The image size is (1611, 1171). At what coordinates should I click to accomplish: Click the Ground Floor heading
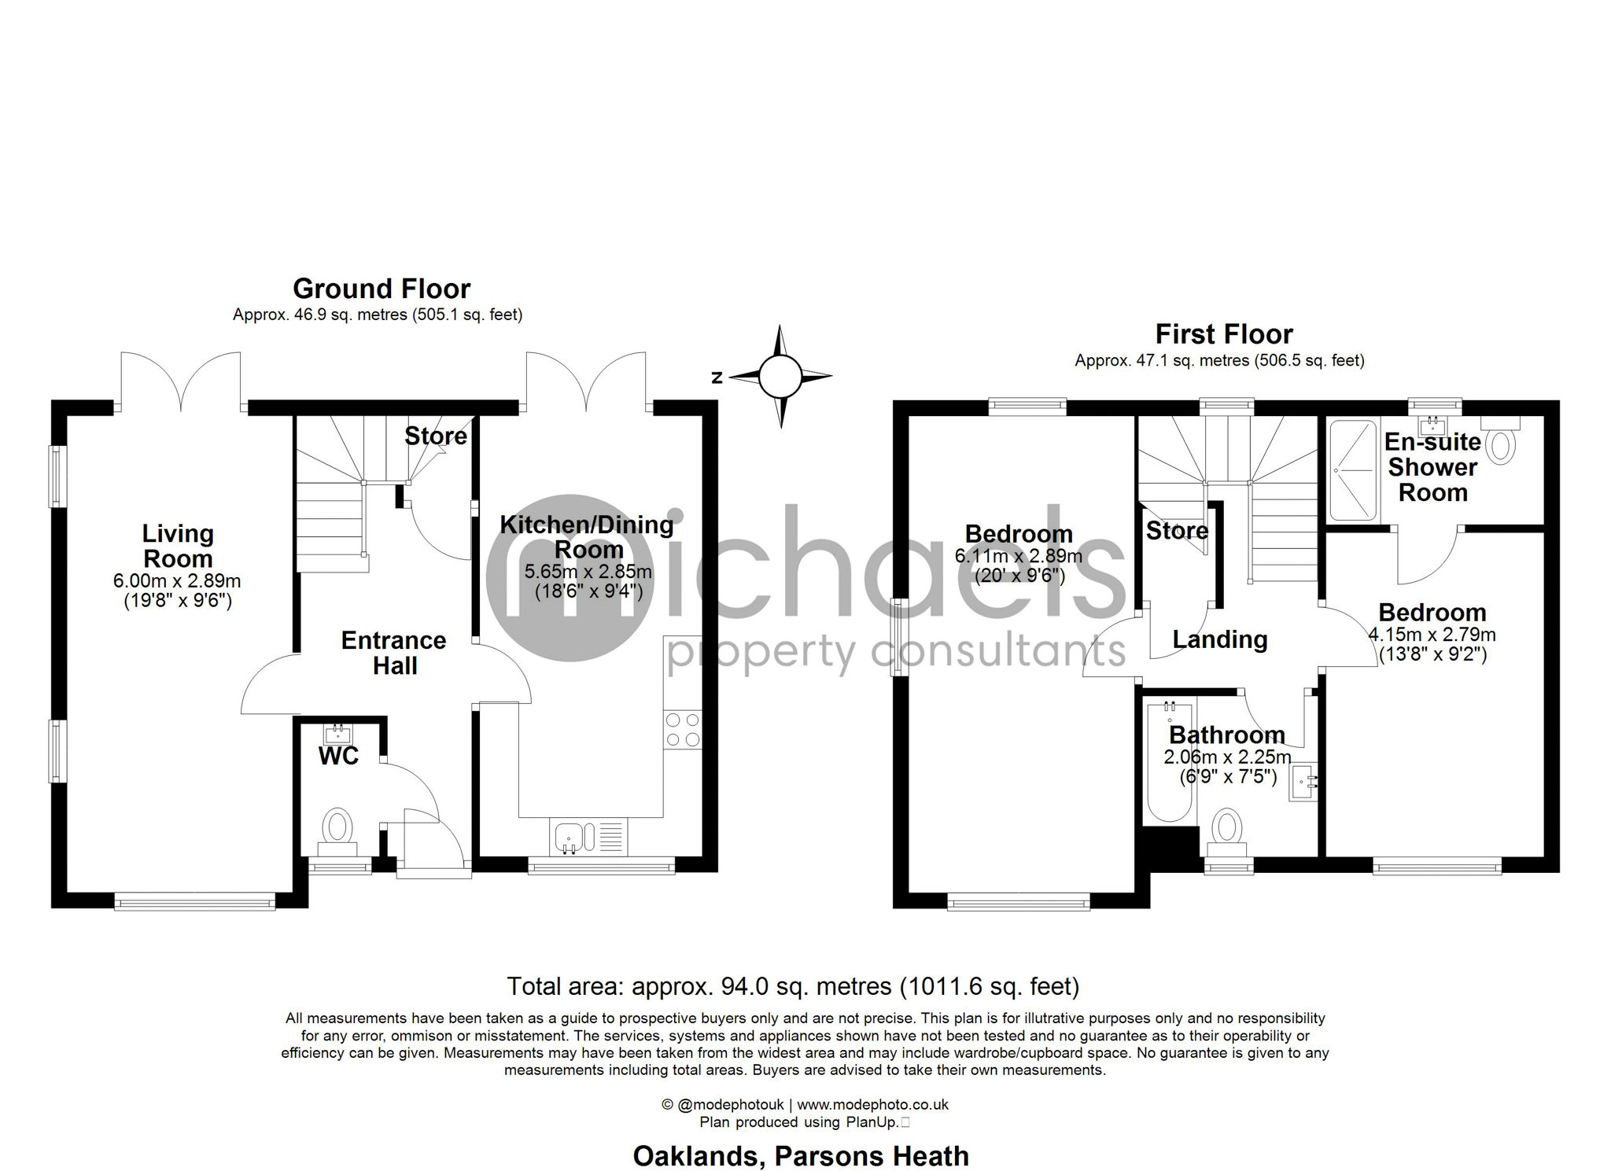382,289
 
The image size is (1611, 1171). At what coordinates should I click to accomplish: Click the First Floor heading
1223,334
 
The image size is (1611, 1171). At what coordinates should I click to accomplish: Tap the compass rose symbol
780,377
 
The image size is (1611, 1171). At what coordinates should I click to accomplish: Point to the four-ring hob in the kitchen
682,729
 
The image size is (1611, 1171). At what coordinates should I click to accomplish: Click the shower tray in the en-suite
1353,470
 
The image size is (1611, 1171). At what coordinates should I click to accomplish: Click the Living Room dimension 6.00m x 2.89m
177,581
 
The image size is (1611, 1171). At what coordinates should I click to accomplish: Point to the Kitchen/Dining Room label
587,536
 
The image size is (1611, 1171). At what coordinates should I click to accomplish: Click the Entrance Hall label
393,653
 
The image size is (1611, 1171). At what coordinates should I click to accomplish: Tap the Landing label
1219,639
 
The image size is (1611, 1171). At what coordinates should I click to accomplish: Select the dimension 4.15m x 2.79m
1432,634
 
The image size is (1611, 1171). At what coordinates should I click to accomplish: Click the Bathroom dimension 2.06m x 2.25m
1227,757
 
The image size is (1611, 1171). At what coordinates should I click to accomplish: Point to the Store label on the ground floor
435,436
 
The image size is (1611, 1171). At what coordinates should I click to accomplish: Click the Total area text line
792,986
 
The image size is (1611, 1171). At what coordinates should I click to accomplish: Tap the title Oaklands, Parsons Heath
801,1156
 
